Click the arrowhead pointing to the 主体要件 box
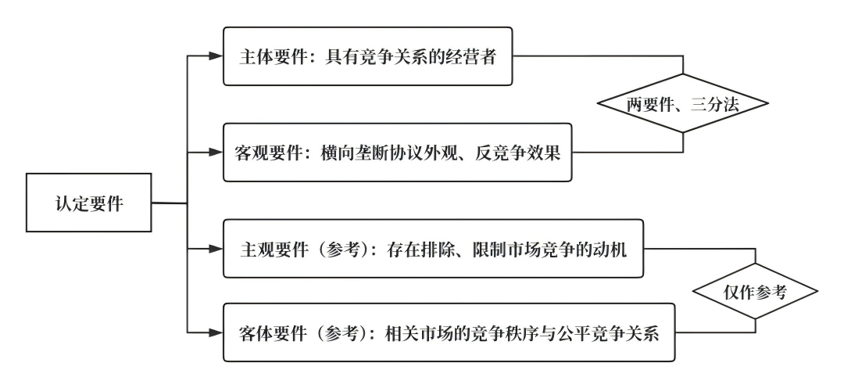216,56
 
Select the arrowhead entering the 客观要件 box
216,151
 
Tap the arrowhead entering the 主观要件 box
216,250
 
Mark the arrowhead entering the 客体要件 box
216,332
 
